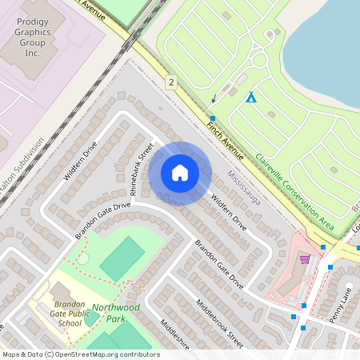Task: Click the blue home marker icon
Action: (x=180, y=173)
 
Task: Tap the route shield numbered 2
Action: (x=170, y=82)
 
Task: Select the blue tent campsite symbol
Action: (x=251, y=97)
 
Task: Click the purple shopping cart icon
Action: (x=304, y=258)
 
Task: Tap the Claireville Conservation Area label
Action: (x=293, y=186)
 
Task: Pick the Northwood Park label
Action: (x=115, y=312)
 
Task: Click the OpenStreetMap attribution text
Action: (x=80, y=354)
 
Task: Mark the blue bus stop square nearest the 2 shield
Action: (x=213, y=118)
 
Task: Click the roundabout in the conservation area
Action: (x=258, y=60)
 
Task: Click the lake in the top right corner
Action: (x=328, y=40)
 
